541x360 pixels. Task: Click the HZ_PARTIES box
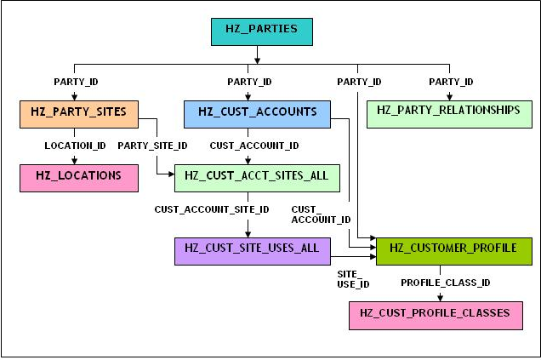tap(262, 31)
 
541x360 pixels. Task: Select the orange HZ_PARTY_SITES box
tap(79, 114)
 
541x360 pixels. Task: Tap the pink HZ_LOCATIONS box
tap(79, 178)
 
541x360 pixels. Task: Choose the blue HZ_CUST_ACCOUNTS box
tap(257, 114)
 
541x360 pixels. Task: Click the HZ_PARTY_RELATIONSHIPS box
tap(449, 114)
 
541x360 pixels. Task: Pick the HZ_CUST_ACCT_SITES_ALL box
tap(257, 178)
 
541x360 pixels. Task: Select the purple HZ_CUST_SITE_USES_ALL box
tap(253, 251)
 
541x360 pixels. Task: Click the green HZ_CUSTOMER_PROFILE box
tap(454, 251)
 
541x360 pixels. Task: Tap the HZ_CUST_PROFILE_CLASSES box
tap(436, 316)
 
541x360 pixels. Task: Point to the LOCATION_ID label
tap(75, 146)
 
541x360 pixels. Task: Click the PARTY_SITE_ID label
tap(152, 146)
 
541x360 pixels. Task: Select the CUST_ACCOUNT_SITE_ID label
tap(212, 209)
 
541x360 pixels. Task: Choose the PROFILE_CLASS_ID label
tap(446, 283)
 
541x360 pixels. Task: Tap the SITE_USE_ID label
tap(353, 279)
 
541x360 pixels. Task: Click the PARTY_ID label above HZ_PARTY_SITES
tap(76, 82)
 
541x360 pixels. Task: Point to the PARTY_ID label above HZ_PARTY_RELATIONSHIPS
tap(451, 82)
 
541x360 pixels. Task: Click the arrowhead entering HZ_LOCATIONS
tap(75, 161)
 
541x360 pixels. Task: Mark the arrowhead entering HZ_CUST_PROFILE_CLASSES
tap(440, 298)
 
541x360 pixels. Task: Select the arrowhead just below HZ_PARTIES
tap(257, 60)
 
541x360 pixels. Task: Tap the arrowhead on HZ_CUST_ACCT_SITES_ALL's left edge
tap(171, 174)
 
